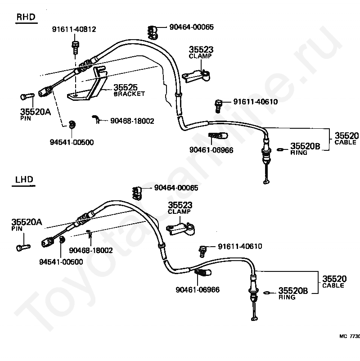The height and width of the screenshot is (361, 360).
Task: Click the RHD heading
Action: pos(26,17)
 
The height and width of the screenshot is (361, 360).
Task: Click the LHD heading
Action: pos(24,179)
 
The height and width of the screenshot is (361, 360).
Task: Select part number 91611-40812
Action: pos(74,29)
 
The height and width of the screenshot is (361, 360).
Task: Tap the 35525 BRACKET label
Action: pos(129,90)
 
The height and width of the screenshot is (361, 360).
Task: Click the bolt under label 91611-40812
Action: pos(75,47)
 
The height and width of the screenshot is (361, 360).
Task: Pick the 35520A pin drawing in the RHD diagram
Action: pos(27,96)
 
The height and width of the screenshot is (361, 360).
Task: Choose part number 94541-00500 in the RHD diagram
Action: pos(72,142)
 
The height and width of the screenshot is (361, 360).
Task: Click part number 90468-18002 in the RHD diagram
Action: pos(132,121)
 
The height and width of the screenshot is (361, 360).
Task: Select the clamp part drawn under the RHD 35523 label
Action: pos(196,75)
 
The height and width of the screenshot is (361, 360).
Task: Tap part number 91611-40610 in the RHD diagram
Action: pos(256,102)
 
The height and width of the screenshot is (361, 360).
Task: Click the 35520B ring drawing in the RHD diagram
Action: pos(279,149)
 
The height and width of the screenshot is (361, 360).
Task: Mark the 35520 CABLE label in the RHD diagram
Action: pos(346,138)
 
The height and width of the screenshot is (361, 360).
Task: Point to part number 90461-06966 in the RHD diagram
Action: pos(211,150)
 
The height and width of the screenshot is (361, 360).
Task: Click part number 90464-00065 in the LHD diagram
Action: pos(176,188)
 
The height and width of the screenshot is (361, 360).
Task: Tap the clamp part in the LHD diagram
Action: pos(180,229)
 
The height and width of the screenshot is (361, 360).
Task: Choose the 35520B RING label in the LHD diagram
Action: pos(293,293)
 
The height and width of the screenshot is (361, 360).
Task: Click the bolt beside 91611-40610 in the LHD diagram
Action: pos(202,251)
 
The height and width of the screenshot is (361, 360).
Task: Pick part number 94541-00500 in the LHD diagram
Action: pos(61,262)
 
